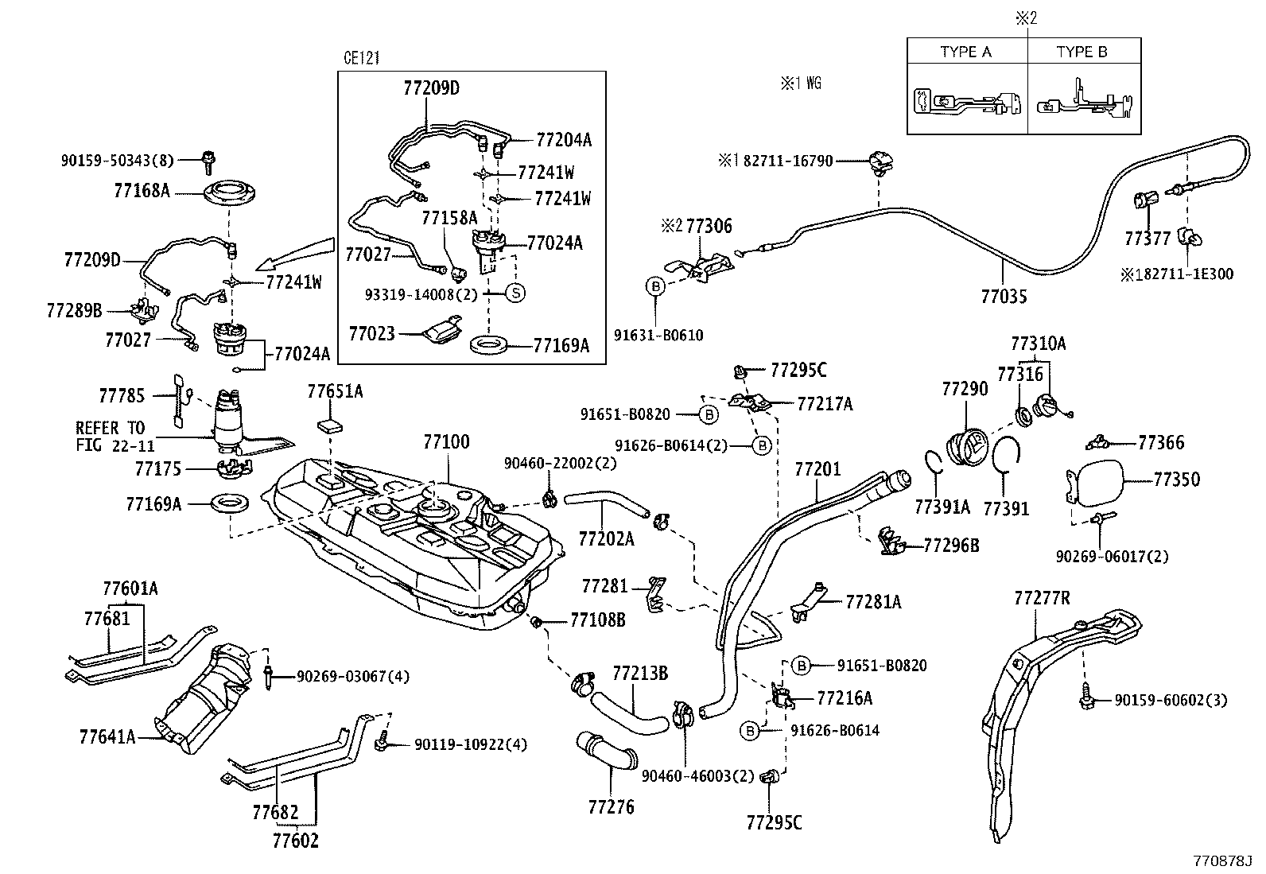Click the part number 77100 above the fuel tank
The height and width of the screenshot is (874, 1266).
[x=446, y=441]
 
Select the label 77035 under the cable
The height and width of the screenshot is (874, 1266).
[x=1004, y=297]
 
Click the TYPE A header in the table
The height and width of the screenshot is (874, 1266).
[x=965, y=52]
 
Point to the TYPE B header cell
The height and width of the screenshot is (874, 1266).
[x=1082, y=52]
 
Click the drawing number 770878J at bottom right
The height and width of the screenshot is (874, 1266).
[x=1221, y=861]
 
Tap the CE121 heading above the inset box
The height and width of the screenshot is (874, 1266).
[x=363, y=58]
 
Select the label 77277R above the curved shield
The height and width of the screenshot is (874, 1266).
[x=1042, y=598]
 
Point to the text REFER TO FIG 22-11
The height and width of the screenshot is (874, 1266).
[x=111, y=437]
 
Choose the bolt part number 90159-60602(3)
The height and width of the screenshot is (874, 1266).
[x=1171, y=700]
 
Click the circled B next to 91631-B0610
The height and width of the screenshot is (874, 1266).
[x=655, y=286]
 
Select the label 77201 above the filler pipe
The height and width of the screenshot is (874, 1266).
[x=817, y=470]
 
